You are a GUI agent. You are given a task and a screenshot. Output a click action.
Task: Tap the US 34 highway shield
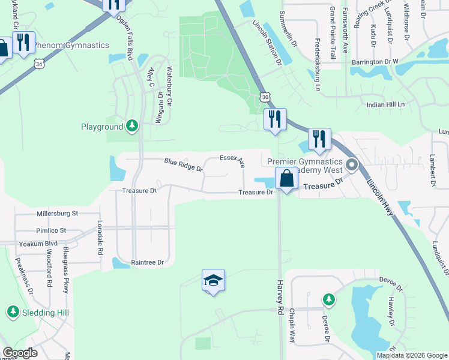pos(39,63)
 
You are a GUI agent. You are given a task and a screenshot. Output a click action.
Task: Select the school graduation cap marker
pos(212,281)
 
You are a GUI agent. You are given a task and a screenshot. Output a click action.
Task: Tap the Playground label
pos(102,127)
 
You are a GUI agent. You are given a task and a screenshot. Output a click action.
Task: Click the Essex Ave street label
pos(232,160)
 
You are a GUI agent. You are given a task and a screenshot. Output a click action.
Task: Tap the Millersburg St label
pos(58,213)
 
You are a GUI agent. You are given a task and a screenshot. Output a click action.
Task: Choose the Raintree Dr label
pos(147,262)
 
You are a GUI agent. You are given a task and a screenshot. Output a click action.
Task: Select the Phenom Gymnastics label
pos(71,45)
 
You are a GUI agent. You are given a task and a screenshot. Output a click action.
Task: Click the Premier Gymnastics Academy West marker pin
pos(352,164)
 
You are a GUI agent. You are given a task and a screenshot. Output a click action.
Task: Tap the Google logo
pos(20,353)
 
